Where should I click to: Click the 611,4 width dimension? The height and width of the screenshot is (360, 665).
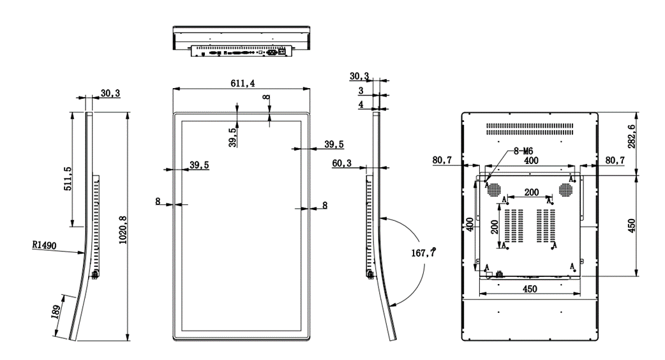[x=241, y=84]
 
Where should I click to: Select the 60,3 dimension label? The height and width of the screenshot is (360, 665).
[x=342, y=163]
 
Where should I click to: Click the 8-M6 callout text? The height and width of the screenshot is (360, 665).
[x=523, y=152]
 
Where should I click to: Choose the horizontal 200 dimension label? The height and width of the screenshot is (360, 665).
[x=531, y=192]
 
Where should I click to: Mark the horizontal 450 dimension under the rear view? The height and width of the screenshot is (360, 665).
[x=529, y=289]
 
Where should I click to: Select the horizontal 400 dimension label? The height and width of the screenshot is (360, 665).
[x=531, y=162]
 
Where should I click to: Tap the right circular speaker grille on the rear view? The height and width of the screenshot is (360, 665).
[x=565, y=190]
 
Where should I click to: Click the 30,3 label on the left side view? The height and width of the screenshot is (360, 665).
[x=110, y=93]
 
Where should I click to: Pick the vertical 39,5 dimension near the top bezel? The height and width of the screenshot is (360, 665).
[x=233, y=137]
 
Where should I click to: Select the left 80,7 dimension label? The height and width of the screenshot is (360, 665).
[x=443, y=160]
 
